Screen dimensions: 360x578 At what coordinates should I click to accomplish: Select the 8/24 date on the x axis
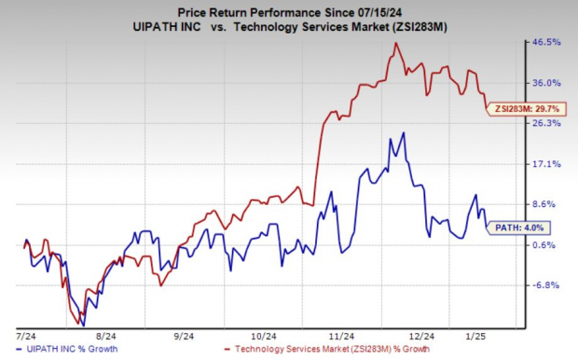104,335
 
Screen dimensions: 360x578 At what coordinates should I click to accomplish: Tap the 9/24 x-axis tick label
184,335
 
